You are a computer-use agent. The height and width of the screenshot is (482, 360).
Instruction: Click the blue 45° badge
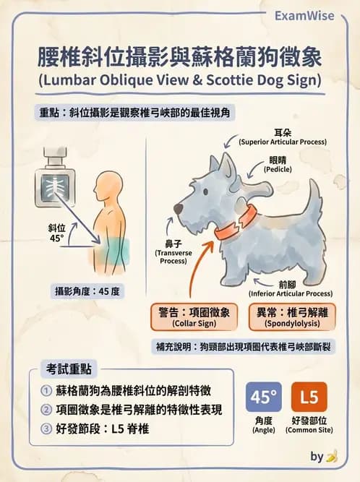click(263, 397)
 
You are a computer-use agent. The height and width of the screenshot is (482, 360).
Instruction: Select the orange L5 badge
click(309, 397)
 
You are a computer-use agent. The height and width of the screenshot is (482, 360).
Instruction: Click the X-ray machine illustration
click(54, 181)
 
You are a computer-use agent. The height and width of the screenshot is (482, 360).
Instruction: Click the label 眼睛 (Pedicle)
click(278, 164)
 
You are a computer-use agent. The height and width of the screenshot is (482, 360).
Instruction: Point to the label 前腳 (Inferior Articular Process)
click(290, 289)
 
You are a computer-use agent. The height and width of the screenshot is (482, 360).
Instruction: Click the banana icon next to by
click(332, 457)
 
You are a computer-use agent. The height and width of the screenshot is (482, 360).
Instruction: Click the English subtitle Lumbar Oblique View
click(179, 78)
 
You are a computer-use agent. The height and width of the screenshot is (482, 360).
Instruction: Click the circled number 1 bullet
click(46, 391)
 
